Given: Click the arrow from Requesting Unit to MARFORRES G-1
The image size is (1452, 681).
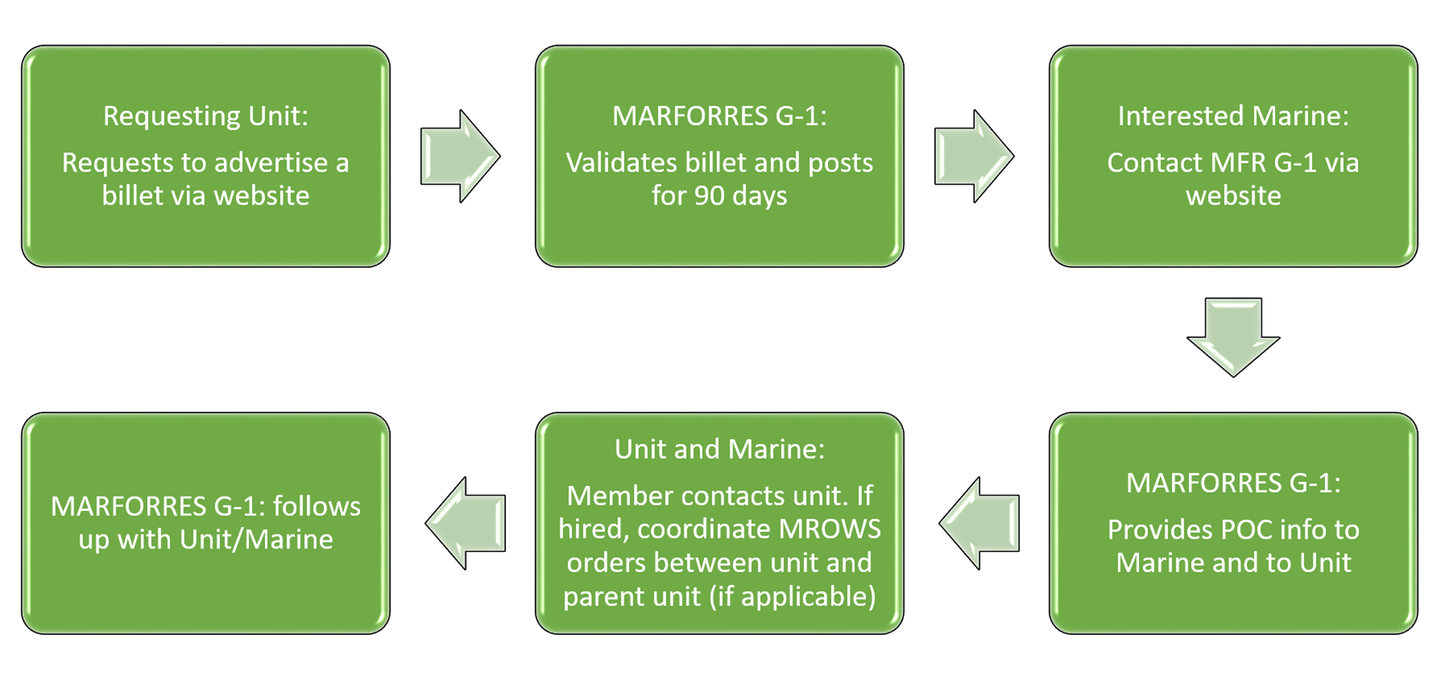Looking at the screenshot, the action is click(x=460, y=156).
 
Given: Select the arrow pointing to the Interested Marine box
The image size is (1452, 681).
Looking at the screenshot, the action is click(x=974, y=156).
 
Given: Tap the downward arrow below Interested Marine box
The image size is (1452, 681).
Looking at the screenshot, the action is click(x=1233, y=337).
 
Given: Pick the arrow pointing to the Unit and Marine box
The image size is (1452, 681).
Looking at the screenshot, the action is click(x=979, y=523).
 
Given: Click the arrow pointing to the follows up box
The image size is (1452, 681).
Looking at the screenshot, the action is click(x=465, y=523).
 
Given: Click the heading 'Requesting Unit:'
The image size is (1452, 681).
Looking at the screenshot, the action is click(x=206, y=116).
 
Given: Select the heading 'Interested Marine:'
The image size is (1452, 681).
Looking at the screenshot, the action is click(x=1233, y=116).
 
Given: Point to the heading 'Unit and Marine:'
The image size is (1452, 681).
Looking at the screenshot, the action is click(x=719, y=449).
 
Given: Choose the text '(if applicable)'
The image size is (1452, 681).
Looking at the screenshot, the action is click(x=793, y=597).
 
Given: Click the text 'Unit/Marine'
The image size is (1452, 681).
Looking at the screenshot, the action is click(x=256, y=540).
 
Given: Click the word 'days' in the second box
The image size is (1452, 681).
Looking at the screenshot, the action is click(x=760, y=197).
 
